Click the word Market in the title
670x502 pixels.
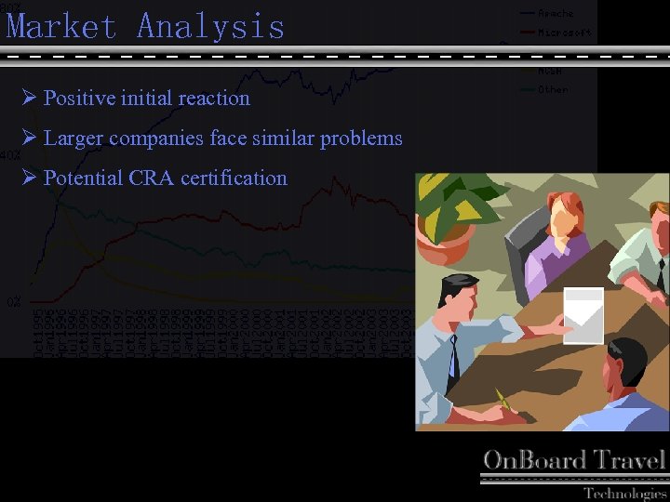61,26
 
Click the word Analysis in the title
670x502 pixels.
210,26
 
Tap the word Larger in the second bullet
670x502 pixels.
73,139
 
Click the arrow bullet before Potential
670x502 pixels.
29,178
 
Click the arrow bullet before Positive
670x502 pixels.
29,98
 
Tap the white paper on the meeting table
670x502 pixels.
583,315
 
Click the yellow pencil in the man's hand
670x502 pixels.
502,400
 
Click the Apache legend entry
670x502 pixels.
555,13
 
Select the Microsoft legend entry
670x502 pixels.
564,33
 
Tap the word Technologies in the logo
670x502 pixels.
624,493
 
